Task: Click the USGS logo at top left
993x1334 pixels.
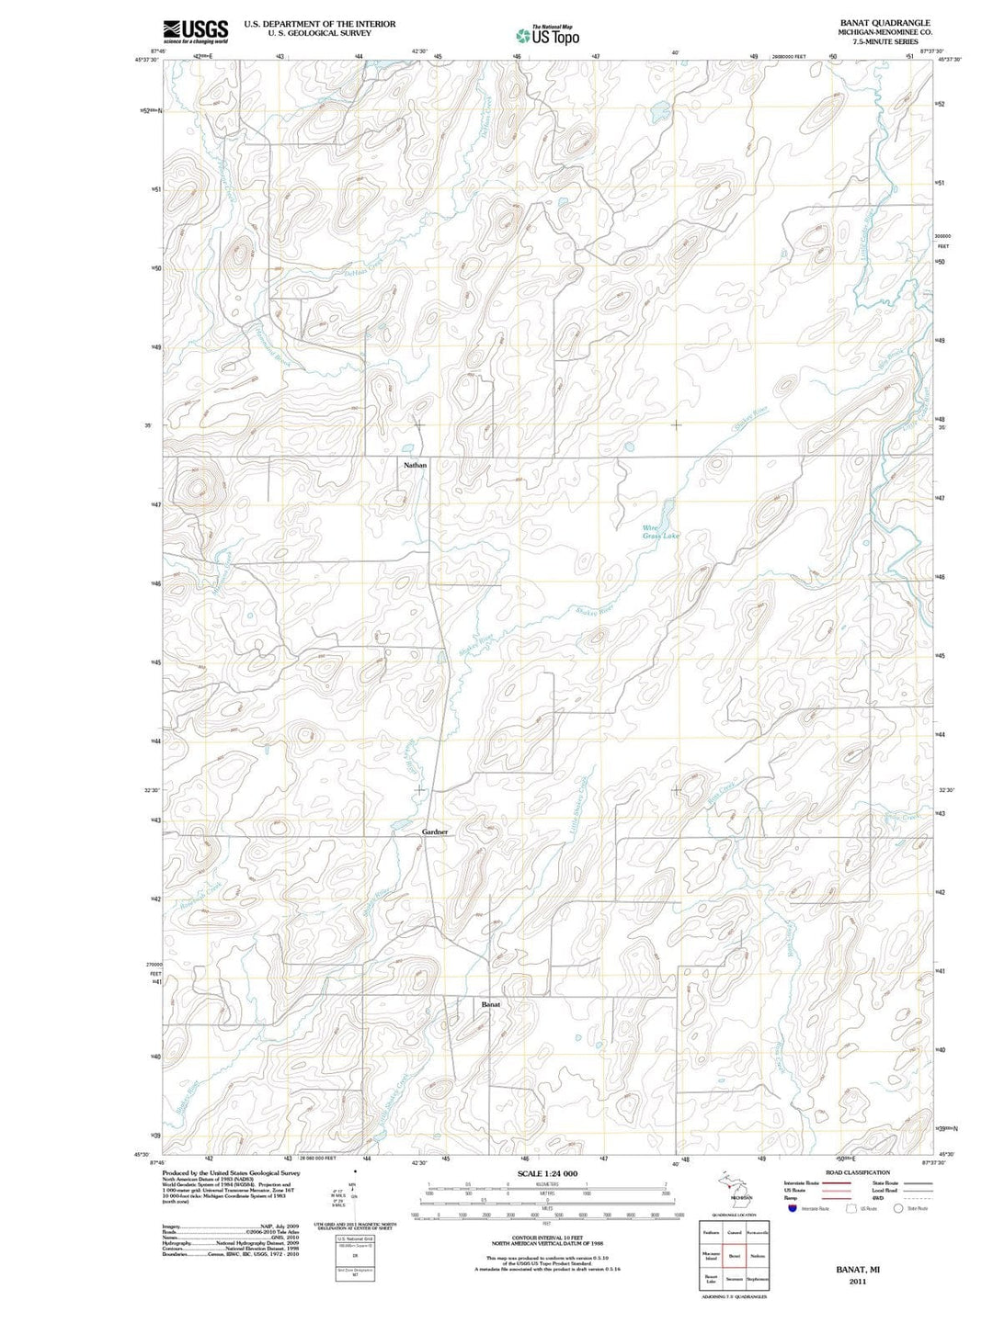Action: tap(195, 31)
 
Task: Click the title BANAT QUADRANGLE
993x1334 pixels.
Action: tap(871, 23)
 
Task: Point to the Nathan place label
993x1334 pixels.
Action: tap(415, 466)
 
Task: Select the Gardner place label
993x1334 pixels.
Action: tap(434, 831)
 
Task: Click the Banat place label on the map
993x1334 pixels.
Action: tap(491, 1005)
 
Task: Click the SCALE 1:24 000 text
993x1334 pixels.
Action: tap(547, 1174)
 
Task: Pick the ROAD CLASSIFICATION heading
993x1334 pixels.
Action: tap(859, 1172)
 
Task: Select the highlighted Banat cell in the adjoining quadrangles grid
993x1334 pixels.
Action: tap(734, 1255)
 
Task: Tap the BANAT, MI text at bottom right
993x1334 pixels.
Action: tap(857, 1269)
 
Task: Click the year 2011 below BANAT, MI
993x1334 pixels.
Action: tap(857, 1281)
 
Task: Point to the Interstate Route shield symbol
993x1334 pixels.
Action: tap(792, 1208)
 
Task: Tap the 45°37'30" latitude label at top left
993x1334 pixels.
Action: tap(147, 60)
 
